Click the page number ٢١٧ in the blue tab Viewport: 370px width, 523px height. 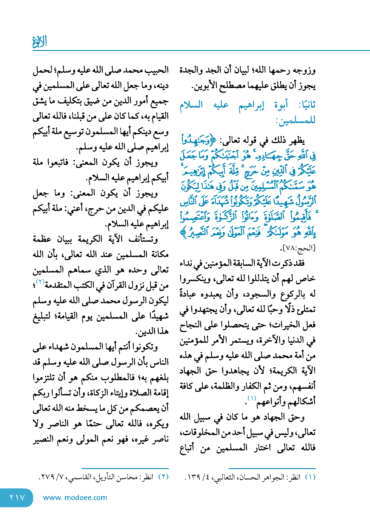pyautogui.click(x=17, y=498)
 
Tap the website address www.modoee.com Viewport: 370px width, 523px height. pyautogui.click(x=75, y=498)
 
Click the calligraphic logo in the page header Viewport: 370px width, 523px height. pyautogui.click(x=40, y=42)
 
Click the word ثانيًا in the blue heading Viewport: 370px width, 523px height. pyautogui.click(x=307, y=105)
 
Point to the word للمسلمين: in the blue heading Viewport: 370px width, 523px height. pyautogui.click(x=296, y=120)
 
